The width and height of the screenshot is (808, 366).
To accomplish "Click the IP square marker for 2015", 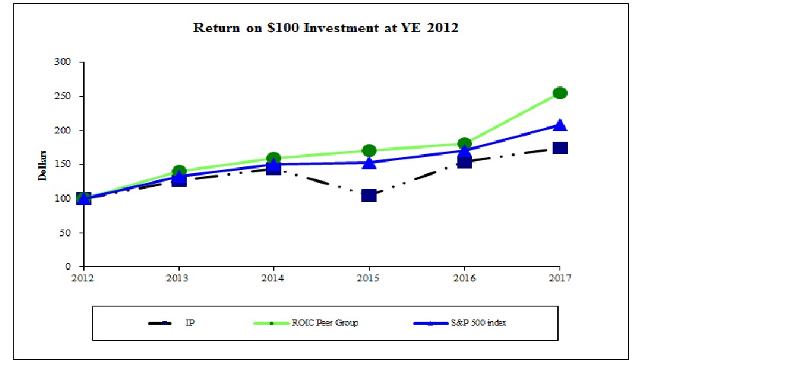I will (369, 195).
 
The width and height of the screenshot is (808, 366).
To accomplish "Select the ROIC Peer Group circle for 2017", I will (560, 93).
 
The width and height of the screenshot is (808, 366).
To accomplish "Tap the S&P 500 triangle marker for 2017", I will (560, 125).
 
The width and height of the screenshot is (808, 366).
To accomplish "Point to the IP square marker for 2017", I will (560, 148).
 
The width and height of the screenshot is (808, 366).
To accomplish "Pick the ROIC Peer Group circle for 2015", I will (369, 150).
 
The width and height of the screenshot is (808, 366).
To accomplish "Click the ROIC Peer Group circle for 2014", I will (274, 159).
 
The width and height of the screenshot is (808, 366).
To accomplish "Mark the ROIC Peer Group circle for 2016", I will (464, 143).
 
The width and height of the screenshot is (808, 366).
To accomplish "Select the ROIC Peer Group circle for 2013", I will (179, 172).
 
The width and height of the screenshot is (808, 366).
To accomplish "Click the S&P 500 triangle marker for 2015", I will (369, 162).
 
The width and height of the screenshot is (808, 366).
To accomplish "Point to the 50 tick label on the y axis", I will (65, 233).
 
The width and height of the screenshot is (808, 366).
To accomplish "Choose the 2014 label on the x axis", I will (274, 277).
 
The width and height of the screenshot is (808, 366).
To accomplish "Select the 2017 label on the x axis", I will (560, 277).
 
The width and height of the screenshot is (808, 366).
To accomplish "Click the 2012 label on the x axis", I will (83, 277).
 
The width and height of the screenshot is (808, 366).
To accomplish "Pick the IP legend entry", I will (190, 323).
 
